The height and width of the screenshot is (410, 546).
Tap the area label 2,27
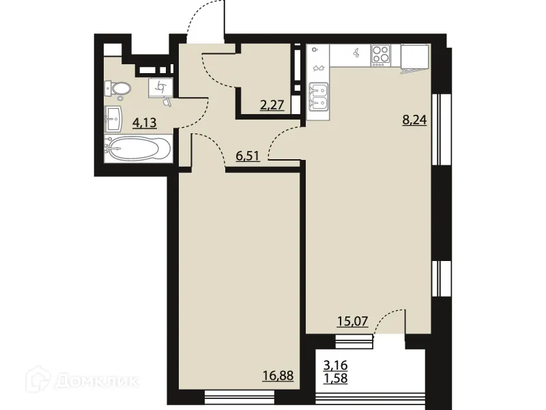tap(271, 105)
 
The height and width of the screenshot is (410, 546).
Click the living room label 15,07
tap(353, 321)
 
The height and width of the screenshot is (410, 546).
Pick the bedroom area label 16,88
tap(279, 375)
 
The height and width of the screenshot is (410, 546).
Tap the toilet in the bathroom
tap(118, 89)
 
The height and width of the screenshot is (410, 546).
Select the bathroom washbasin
tap(114, 121)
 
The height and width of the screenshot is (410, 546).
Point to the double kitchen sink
tap(319, 96)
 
